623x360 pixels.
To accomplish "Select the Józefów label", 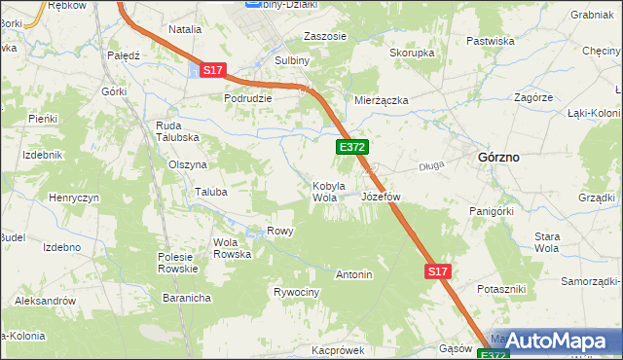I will [x=381, y=197].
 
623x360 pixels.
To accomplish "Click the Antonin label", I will [x=354, y=274].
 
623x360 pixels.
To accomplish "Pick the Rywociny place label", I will [x=296, y=292].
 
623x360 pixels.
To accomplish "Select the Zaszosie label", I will [x=324, y=36].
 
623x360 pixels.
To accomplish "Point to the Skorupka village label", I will [x=411, y=53].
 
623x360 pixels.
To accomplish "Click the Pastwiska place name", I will [x=491, y=41].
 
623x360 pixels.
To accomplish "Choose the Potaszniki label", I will [x=501, y=290].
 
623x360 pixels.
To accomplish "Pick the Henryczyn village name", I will [x=75, y=198].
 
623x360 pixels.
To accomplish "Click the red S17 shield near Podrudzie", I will [x=214, y=70].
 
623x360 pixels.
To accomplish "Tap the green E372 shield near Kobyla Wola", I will [x=351, y=147].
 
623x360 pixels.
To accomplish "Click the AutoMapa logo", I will [x=558, y=341].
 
